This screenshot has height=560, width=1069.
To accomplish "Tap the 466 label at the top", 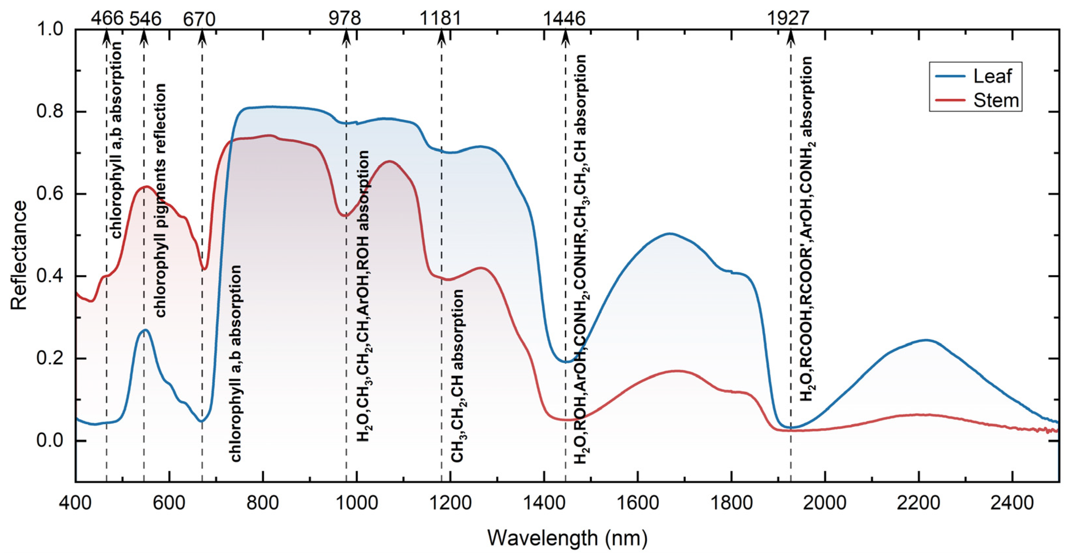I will pyautogui.click(x=107, y=19).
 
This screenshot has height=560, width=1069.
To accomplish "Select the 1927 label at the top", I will pyautogui.click(x=788, y=19).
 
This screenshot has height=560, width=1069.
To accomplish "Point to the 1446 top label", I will pyautogui.click(x=564, y=19).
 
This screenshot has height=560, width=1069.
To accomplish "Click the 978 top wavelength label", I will pyautogui.click(x=345, y=19).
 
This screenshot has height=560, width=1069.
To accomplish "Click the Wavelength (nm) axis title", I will pyautogui.click(x=567, y=538).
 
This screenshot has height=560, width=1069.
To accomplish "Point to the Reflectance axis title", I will pyautogui.click(x=19, y=255).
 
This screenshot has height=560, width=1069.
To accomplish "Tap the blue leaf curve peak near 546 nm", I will pyautogui.click(x=145, y=330).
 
